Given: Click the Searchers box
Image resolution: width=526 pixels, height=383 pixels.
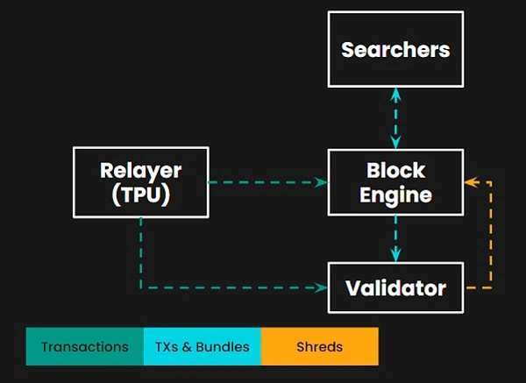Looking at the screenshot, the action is [396, 49].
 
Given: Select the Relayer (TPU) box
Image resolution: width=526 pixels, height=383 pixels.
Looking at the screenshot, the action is [141, 182].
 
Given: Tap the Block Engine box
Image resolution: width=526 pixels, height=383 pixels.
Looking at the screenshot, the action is [396, 182].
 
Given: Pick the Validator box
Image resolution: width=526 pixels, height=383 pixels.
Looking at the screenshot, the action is [396, 287].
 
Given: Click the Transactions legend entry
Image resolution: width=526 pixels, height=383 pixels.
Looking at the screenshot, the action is [85, 346].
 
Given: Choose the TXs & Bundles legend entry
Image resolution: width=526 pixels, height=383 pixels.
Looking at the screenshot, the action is [203, 346].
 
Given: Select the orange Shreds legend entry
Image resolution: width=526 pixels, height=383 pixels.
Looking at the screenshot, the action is [320, 346].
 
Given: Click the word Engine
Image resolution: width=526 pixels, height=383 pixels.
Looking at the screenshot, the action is [396, 195].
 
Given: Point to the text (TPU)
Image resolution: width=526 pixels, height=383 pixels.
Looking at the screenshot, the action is [141, 195].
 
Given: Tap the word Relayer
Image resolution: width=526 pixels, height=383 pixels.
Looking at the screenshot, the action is [141, 171].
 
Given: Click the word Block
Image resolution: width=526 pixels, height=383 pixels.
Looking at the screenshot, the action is [396, 170].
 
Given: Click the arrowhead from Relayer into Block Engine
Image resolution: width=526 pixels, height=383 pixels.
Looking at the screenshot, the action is [321, 182].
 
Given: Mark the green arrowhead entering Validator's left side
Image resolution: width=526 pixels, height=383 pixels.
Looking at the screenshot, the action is [321, 287].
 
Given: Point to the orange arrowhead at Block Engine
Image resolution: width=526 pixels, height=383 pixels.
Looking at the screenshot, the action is [471, 182].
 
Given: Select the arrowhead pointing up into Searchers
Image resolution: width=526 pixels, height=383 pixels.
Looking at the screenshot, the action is [396, 95].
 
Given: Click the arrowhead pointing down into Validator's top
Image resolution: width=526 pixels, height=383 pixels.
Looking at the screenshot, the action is [396, 255].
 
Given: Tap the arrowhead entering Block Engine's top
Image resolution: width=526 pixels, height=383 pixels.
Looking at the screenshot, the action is [396, 142].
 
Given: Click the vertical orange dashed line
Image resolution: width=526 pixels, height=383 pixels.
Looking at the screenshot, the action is [491, 235].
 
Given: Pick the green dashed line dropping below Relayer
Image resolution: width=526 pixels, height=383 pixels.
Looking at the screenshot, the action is [140, 252].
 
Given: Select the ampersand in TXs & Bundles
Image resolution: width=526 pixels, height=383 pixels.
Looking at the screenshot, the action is [187, 347].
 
